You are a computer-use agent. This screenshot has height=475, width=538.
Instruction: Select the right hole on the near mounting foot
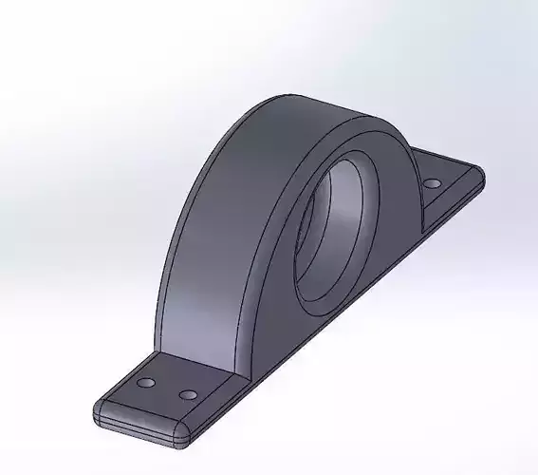pos(188,393)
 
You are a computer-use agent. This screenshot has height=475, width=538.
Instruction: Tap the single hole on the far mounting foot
pos(432,182)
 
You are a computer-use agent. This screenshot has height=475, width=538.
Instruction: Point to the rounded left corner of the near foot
pos(98,410)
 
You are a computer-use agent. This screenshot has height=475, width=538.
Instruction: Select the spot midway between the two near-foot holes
pos(167,388)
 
